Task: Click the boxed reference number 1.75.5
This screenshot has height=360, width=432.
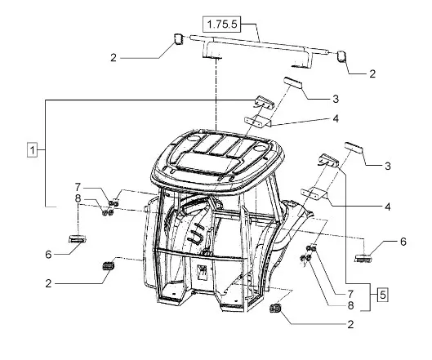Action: coord(221,24)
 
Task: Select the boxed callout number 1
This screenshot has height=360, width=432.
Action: coord(32,150)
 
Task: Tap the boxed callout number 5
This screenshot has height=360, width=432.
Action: coord(383,295)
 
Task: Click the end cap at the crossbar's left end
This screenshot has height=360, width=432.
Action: coord(178,39)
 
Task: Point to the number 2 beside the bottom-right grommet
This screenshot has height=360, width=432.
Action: coord(350,324)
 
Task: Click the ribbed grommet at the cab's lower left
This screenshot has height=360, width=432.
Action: coord(109,266)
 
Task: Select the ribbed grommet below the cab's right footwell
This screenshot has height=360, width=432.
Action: coord(275,309)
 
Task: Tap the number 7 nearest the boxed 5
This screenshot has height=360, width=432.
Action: coord(350,294)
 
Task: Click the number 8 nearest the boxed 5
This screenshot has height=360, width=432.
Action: coord(350,305)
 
